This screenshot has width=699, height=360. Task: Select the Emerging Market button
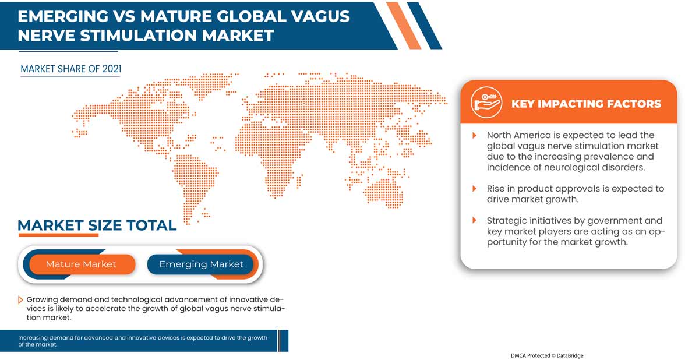tap(200, 264)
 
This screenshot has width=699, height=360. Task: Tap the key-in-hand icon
tap(486, 103)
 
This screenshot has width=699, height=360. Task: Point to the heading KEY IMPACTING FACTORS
tap(586, 104)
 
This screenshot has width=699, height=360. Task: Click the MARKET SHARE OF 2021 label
tap(71, 69)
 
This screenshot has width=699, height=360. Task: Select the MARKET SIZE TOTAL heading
tap(97, 225)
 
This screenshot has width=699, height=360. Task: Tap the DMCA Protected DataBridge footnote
tap(547, 355)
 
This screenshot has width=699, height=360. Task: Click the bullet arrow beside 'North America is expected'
tap(474, 135)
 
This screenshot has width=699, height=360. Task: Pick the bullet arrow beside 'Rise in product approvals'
tap(474, 189)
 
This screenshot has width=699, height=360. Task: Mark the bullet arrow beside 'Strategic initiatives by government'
tap(474, 220)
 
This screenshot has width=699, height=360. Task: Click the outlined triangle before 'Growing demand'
tap(20, 300)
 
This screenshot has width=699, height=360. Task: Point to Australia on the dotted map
tap(384, 191)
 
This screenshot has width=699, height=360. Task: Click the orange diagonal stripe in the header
tap(404, 26)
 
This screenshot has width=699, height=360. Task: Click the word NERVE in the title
tap(47, 36)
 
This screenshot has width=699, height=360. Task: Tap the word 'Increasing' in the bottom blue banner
tap(33, 338)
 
